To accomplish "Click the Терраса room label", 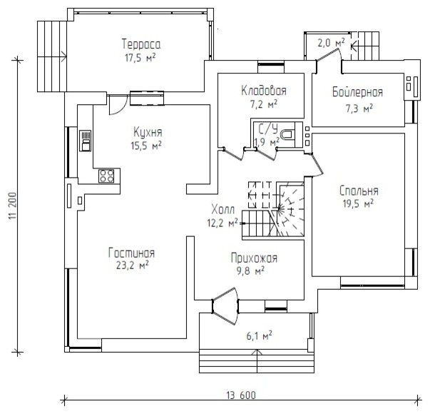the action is click(x=141, y=44).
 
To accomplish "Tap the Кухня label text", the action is click(x=148, y=132).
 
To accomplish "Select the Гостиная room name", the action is click(x=132, y=253).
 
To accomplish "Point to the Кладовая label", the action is click(x=264, y=91).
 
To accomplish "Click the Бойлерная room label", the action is click(x=357, y=92).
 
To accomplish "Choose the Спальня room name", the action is click(x=359, y=191).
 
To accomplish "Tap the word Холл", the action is click(x=223, y=210).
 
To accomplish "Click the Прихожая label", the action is click(x=254, y=258).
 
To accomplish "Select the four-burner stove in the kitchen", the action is click(x=106, y=176).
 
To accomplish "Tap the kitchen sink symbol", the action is click(x=86, y=141).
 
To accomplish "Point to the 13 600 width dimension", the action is click(x=241, y=395).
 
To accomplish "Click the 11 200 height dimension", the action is click(x=13, y=206).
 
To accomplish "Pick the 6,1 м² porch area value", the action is click(x=259, y=335).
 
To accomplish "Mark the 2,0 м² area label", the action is click(x=331, y=43).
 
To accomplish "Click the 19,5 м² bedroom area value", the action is click(x=357, y=203).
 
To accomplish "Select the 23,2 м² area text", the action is click(x=133, y=266).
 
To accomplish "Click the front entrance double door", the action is click(x=225, y=306).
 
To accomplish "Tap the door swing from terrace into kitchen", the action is click(x=118, y=105).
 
